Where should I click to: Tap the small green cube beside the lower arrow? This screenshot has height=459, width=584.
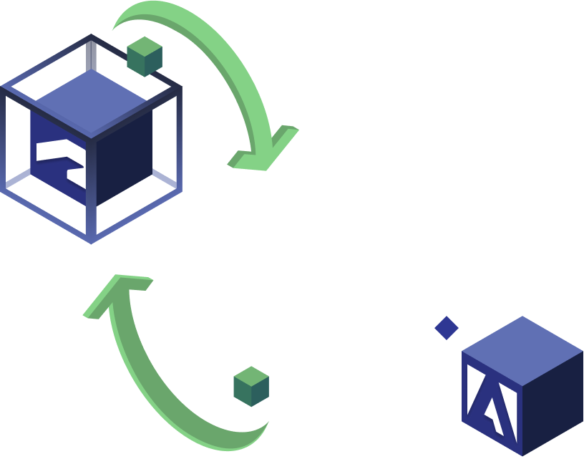[x=251, y=387]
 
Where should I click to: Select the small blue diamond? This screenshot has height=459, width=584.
[x=447, y=328]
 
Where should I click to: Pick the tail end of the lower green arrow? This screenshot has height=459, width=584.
[x=258, y=430]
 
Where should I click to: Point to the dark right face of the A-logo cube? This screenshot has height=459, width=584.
[x=554, y=405]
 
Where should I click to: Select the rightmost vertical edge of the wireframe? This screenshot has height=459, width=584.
[x=178, y=140]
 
